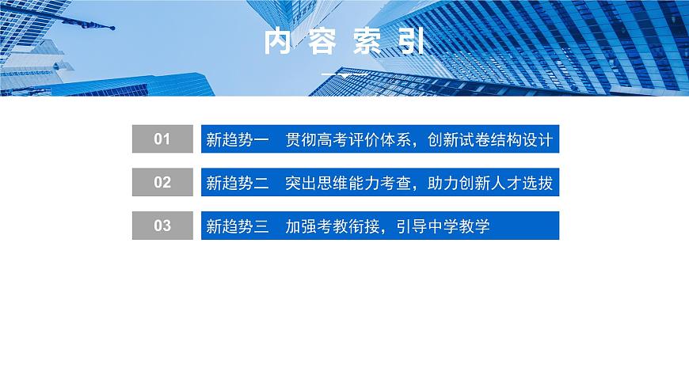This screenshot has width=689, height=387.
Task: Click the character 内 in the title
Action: click(279, 43)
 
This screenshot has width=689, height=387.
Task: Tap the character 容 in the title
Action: click(322, 43)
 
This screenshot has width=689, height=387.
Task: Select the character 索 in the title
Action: click(367, 43)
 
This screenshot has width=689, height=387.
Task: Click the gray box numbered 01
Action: click(162, 139)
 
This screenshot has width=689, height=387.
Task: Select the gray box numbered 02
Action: click(162, 183)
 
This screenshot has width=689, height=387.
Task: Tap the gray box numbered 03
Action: click(162, 226)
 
